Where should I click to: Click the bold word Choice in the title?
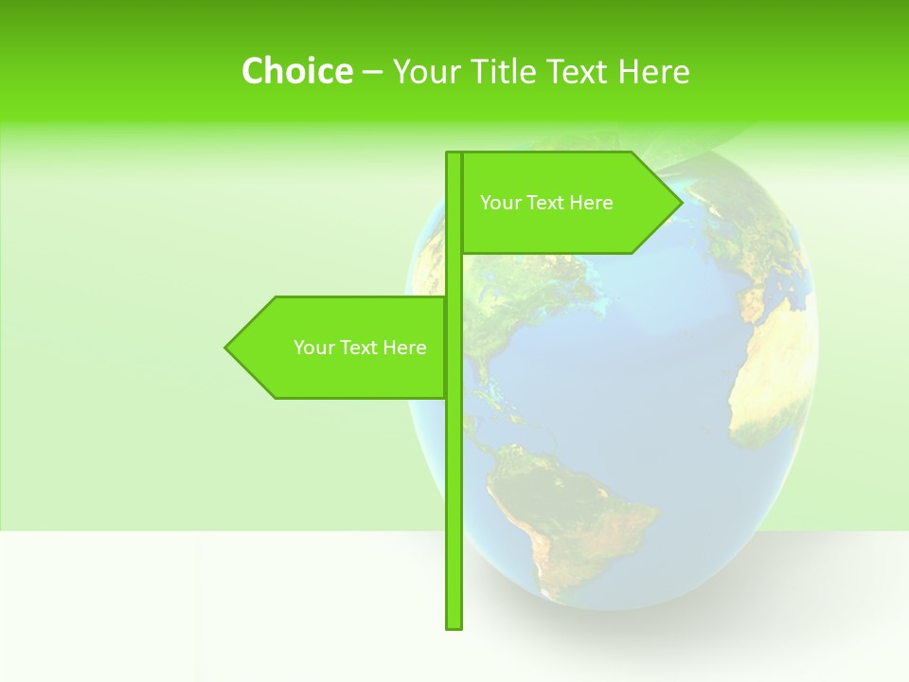296,71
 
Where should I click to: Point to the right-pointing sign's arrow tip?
680,203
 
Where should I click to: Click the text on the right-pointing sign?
546,203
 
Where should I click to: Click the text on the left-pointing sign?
360,348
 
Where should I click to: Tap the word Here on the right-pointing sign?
592,203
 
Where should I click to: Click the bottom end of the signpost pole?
454,624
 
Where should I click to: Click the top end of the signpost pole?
454,155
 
